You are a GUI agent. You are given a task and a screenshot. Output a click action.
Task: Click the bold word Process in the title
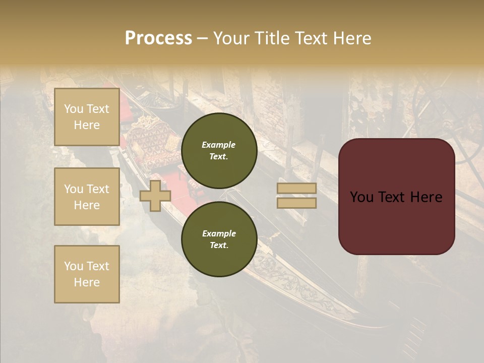point(158,38)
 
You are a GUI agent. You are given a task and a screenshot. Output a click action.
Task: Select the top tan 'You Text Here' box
point(87,117)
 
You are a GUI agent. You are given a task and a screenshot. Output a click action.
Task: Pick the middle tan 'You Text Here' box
point(87,197)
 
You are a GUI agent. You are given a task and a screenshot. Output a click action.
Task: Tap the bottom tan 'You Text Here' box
point(87,274)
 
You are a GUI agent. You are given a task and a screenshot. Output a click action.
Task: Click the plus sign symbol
point(155,196)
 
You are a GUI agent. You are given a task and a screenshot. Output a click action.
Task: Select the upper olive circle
point(219,150)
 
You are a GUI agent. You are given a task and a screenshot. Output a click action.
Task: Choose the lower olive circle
point(219,239)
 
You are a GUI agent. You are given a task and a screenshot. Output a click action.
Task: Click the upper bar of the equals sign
point(296,188)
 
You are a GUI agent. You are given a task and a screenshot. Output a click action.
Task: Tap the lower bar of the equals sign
point(296,203)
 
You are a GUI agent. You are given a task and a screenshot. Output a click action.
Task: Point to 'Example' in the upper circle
point(219,145)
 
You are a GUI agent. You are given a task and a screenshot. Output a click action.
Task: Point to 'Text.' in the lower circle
point(219,245)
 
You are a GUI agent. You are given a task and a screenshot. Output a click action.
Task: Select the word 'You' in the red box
point(361,197)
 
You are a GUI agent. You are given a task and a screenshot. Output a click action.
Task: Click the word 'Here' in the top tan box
point(87,125)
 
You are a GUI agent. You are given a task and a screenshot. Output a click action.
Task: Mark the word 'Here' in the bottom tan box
point(87,282)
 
